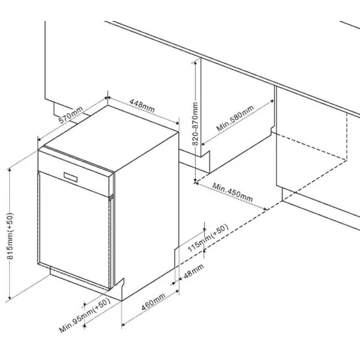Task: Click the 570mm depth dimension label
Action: [x=71, y=115]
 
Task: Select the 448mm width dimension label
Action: [x=142, y=105]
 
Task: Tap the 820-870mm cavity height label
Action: [x=195, y=124]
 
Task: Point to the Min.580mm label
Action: [x=235, y=118]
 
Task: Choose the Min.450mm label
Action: [x=232, y=192]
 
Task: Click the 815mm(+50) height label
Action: [x=10, y=236]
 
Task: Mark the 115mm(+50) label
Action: [x=208, y=238]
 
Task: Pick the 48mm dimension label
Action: [x=194, y=271]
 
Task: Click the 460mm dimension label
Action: [x=153, y=302]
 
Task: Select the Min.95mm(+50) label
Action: [x=84, y=315]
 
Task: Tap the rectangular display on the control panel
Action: [x=71, y=177]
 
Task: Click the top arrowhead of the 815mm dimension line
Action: [x=9, y=170]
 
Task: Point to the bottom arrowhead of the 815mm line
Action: [x=9, y=298]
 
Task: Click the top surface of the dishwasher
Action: [x=111, y=137]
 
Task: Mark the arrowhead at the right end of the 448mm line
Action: [x=177, y=123]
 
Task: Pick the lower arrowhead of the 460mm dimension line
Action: [x=123, y=324]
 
